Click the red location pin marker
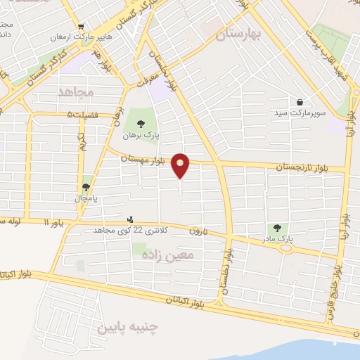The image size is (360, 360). pyautogui.click(x=181, y=166)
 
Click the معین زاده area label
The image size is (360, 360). pyautogui.click(x=180, y=257)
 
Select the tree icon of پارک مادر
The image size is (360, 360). pyautogui.click(x=276, y=228)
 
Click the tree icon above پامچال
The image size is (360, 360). pyautogui.click(x=86, y=186)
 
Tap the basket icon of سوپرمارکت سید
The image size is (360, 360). pyautogui.click(x=300, y=102)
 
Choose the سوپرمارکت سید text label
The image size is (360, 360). pyautogui.click(x=300, y=113)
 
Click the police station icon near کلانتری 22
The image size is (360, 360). pyautogui.click(x=129, y=219)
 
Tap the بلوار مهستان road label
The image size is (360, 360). pyautogui.click(x=143, y=160)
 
